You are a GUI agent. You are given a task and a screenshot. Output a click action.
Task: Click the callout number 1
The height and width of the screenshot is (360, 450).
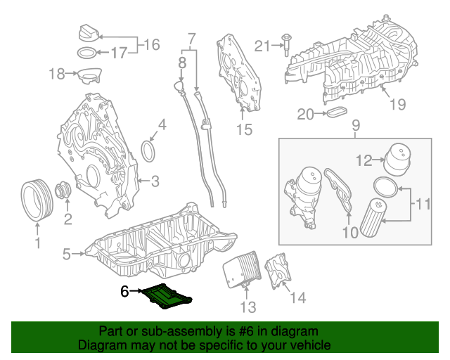tap(38, 243)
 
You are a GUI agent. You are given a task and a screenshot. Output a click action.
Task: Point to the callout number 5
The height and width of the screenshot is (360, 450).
tap(66, 254)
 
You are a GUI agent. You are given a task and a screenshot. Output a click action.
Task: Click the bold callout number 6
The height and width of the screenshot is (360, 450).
tap(124, 290)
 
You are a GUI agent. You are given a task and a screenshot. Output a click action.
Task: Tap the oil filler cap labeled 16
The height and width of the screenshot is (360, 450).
tap(88, 32)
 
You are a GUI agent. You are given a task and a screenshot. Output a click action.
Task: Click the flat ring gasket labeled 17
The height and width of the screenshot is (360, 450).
tap(86, 53)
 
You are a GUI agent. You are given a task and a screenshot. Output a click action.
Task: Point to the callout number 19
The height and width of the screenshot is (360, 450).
tap(398, 105)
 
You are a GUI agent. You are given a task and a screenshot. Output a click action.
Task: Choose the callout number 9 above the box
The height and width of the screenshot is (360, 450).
tap(355, 126)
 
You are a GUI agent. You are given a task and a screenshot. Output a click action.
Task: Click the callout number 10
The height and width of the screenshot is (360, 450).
tap(350, 231)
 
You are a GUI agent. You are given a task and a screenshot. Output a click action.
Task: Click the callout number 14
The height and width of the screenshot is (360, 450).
tap(298, 297)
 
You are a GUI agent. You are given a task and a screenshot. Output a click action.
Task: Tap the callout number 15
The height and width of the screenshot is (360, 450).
tap(243, 129)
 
